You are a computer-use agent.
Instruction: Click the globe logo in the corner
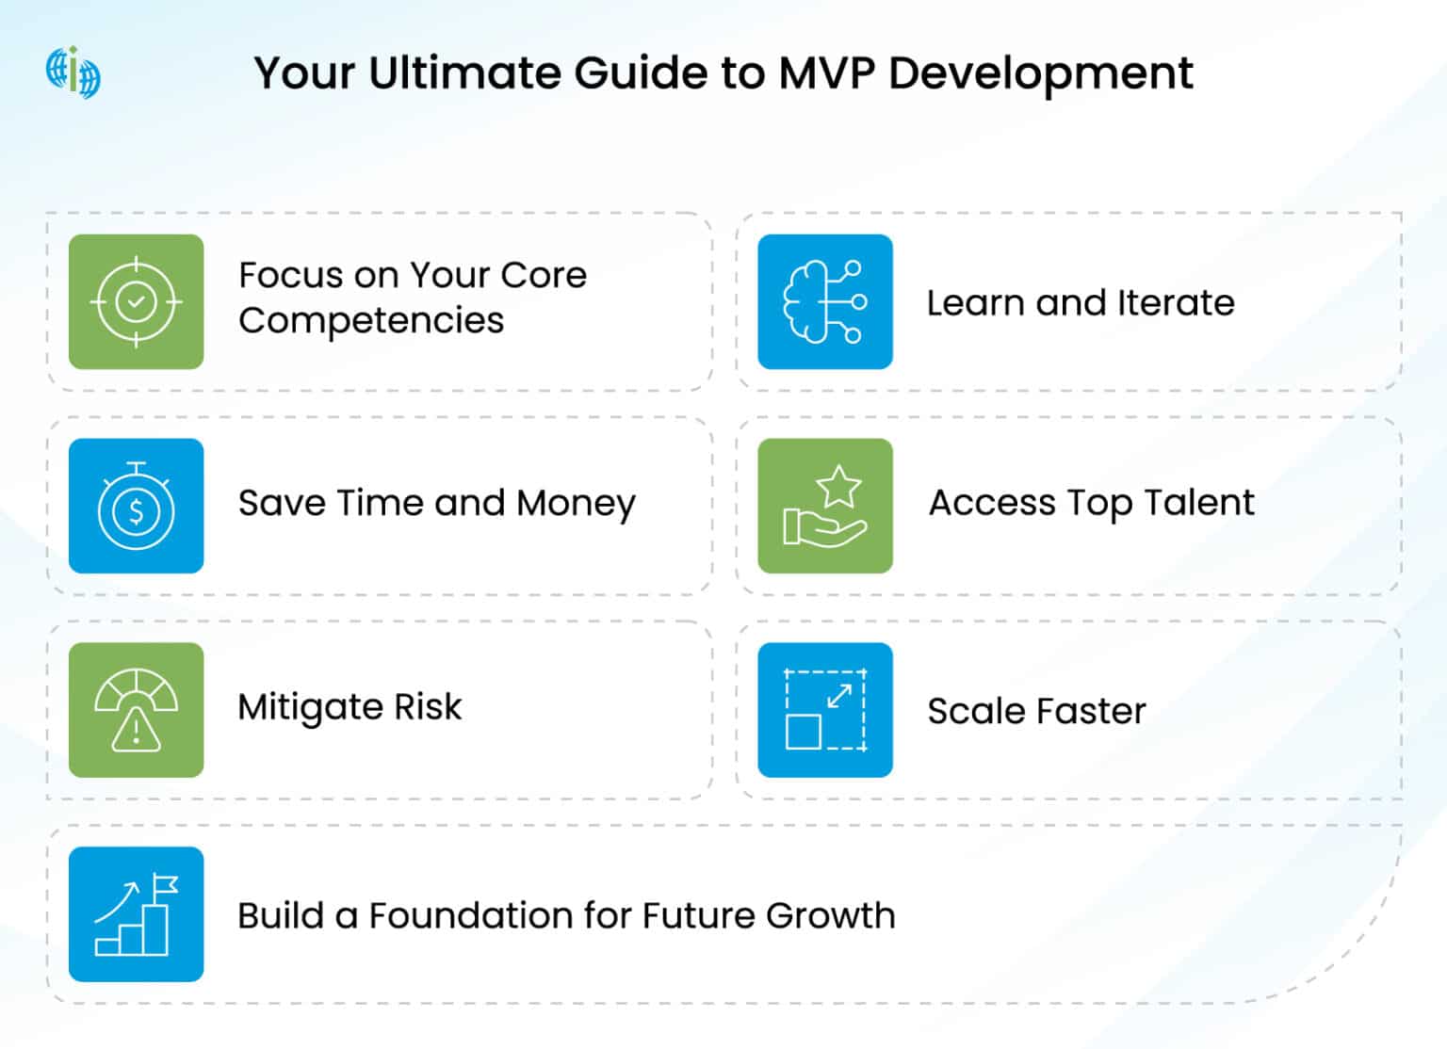[73, 73]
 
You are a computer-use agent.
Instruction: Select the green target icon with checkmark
[136, 302]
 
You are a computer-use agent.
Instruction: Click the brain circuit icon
[824, 302]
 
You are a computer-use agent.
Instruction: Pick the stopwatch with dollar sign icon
[136, 507]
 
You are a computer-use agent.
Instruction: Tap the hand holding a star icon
[824, 507]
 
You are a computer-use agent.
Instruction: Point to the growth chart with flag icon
[136, 914]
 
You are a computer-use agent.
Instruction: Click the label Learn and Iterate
[1080, 303]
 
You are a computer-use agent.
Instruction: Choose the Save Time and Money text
[436, 504]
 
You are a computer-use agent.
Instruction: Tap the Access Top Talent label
[1091, 504]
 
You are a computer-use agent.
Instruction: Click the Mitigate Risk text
[350, 707]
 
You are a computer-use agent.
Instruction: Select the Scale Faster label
[1036, 711]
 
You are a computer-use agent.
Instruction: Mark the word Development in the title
[1040, 73]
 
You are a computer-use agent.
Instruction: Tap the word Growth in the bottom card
[830, 915]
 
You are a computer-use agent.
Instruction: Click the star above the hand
[837, 486]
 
